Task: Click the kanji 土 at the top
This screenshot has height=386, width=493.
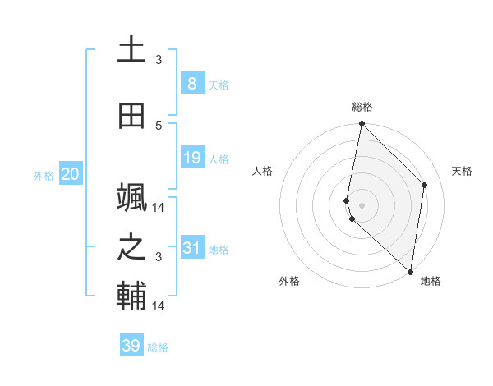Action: tap(131, 49)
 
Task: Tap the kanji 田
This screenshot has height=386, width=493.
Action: tap(131, 116)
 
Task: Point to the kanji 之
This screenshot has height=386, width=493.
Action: tap(131, 247)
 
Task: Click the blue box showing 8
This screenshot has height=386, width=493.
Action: tap(191, 84)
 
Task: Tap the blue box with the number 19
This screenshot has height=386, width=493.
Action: tap(191, 159)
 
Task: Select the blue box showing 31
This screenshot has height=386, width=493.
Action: tap(191, 249)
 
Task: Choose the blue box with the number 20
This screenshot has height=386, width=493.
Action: tap(70, 174)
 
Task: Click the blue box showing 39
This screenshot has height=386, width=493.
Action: tap(131, 346)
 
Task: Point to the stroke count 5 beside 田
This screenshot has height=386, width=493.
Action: tap(159, 125)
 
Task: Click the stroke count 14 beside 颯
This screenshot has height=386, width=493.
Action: tap(159, 207)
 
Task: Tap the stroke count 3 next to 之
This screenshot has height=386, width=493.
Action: tap(159, 257)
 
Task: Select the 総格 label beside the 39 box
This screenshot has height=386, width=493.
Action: tap(158, 347)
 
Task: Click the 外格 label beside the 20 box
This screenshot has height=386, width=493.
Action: tap(44, 176)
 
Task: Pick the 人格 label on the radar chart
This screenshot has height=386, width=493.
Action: tap(262, 171)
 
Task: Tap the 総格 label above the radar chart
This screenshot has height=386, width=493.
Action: tap(362, 107)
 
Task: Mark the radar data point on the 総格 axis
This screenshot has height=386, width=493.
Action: tap(362, 124)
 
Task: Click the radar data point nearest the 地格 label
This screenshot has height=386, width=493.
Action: tap(410, 272)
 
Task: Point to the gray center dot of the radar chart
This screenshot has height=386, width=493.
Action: tap(362, 204)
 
